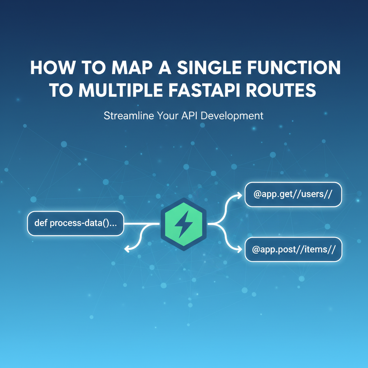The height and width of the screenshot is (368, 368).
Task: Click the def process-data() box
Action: click(75, 223)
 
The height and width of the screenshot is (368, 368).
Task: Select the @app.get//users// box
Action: click(293, 194)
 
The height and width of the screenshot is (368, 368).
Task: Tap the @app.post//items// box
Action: click(293, 249)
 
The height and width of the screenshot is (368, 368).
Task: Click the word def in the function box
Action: click(41, 223)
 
